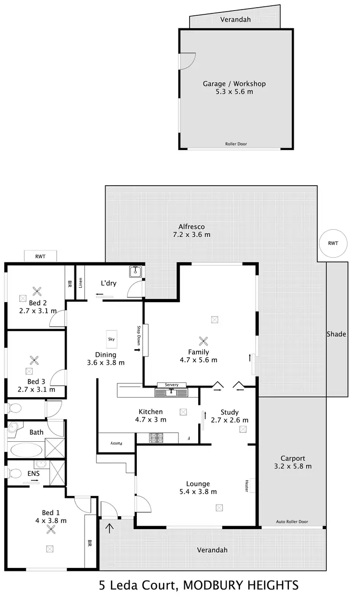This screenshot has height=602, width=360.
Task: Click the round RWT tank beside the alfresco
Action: pos(333,244)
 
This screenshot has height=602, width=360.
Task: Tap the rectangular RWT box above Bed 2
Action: pos(41,256)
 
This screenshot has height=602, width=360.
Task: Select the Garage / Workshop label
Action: pos(234,83)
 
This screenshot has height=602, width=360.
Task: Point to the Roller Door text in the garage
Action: pos(236,144)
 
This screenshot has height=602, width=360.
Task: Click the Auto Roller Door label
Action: pos(292,522)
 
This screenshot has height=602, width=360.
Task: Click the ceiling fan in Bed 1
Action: pos(50,530)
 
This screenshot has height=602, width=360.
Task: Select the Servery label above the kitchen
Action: pos(171,385)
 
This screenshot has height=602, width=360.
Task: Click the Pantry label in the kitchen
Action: pos(117,443)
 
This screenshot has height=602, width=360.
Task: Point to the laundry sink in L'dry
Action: pos(134,272)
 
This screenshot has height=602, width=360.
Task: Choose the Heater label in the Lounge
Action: pos(246,486)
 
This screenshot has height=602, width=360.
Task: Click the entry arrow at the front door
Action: pos(110,528)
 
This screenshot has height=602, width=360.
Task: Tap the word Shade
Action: pos(336,334)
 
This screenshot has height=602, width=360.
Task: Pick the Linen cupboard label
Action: pos(81,284)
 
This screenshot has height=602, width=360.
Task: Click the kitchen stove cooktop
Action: pos(156,437)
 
